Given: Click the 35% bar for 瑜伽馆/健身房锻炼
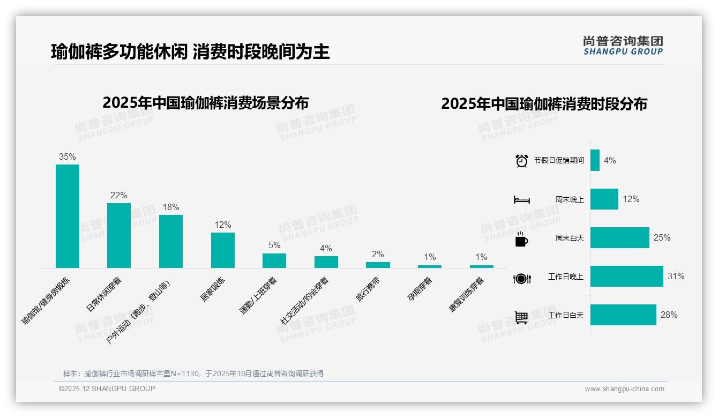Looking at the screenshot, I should coord(68,216).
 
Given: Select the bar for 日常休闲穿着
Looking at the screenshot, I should coord(119,235).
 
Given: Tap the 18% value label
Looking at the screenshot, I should coord(171,207).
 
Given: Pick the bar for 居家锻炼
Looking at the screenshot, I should coord(223,250).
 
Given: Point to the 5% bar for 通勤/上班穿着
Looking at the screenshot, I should coord(274,260).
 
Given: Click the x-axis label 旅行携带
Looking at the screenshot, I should coord(368,289).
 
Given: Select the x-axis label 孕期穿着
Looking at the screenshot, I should coord(420,289).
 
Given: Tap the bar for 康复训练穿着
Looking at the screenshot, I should coord(482,266).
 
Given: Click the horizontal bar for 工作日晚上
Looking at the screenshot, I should coord(626,277).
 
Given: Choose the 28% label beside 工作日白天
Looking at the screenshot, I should coord(669,315).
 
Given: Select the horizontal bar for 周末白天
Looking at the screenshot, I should coord(619,237).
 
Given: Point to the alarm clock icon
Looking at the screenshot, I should coord(521,161).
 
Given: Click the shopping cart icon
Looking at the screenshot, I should coord(521,317).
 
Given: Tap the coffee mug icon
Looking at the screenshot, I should coord(521,240).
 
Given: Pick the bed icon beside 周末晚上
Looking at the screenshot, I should coord(521,200).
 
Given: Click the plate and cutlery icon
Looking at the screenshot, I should coord(521,278).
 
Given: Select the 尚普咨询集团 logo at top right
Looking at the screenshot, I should coord(623,45).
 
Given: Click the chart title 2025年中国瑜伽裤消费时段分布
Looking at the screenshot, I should coord(544,103).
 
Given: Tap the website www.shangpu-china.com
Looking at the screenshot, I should coord(624,389).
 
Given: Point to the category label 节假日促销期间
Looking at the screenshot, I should coord(559,161).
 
